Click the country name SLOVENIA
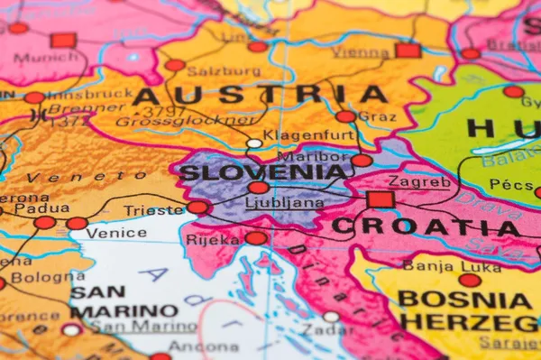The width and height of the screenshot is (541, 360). [263, 171]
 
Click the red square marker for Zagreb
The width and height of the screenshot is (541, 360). [381, 199]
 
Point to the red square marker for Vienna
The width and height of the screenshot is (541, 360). [408, 50]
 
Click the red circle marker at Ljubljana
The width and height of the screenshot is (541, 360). [259, 188]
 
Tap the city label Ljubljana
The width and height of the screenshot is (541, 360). [285, 203]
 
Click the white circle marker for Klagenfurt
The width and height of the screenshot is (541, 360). [255, 143]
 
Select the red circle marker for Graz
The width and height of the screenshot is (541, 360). [345, 116]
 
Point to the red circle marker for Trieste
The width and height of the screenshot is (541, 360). [197, 208]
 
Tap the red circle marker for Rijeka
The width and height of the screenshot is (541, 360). [256, 238]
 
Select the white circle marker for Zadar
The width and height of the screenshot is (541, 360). [331, 317]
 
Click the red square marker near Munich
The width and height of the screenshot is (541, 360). [63, 40]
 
